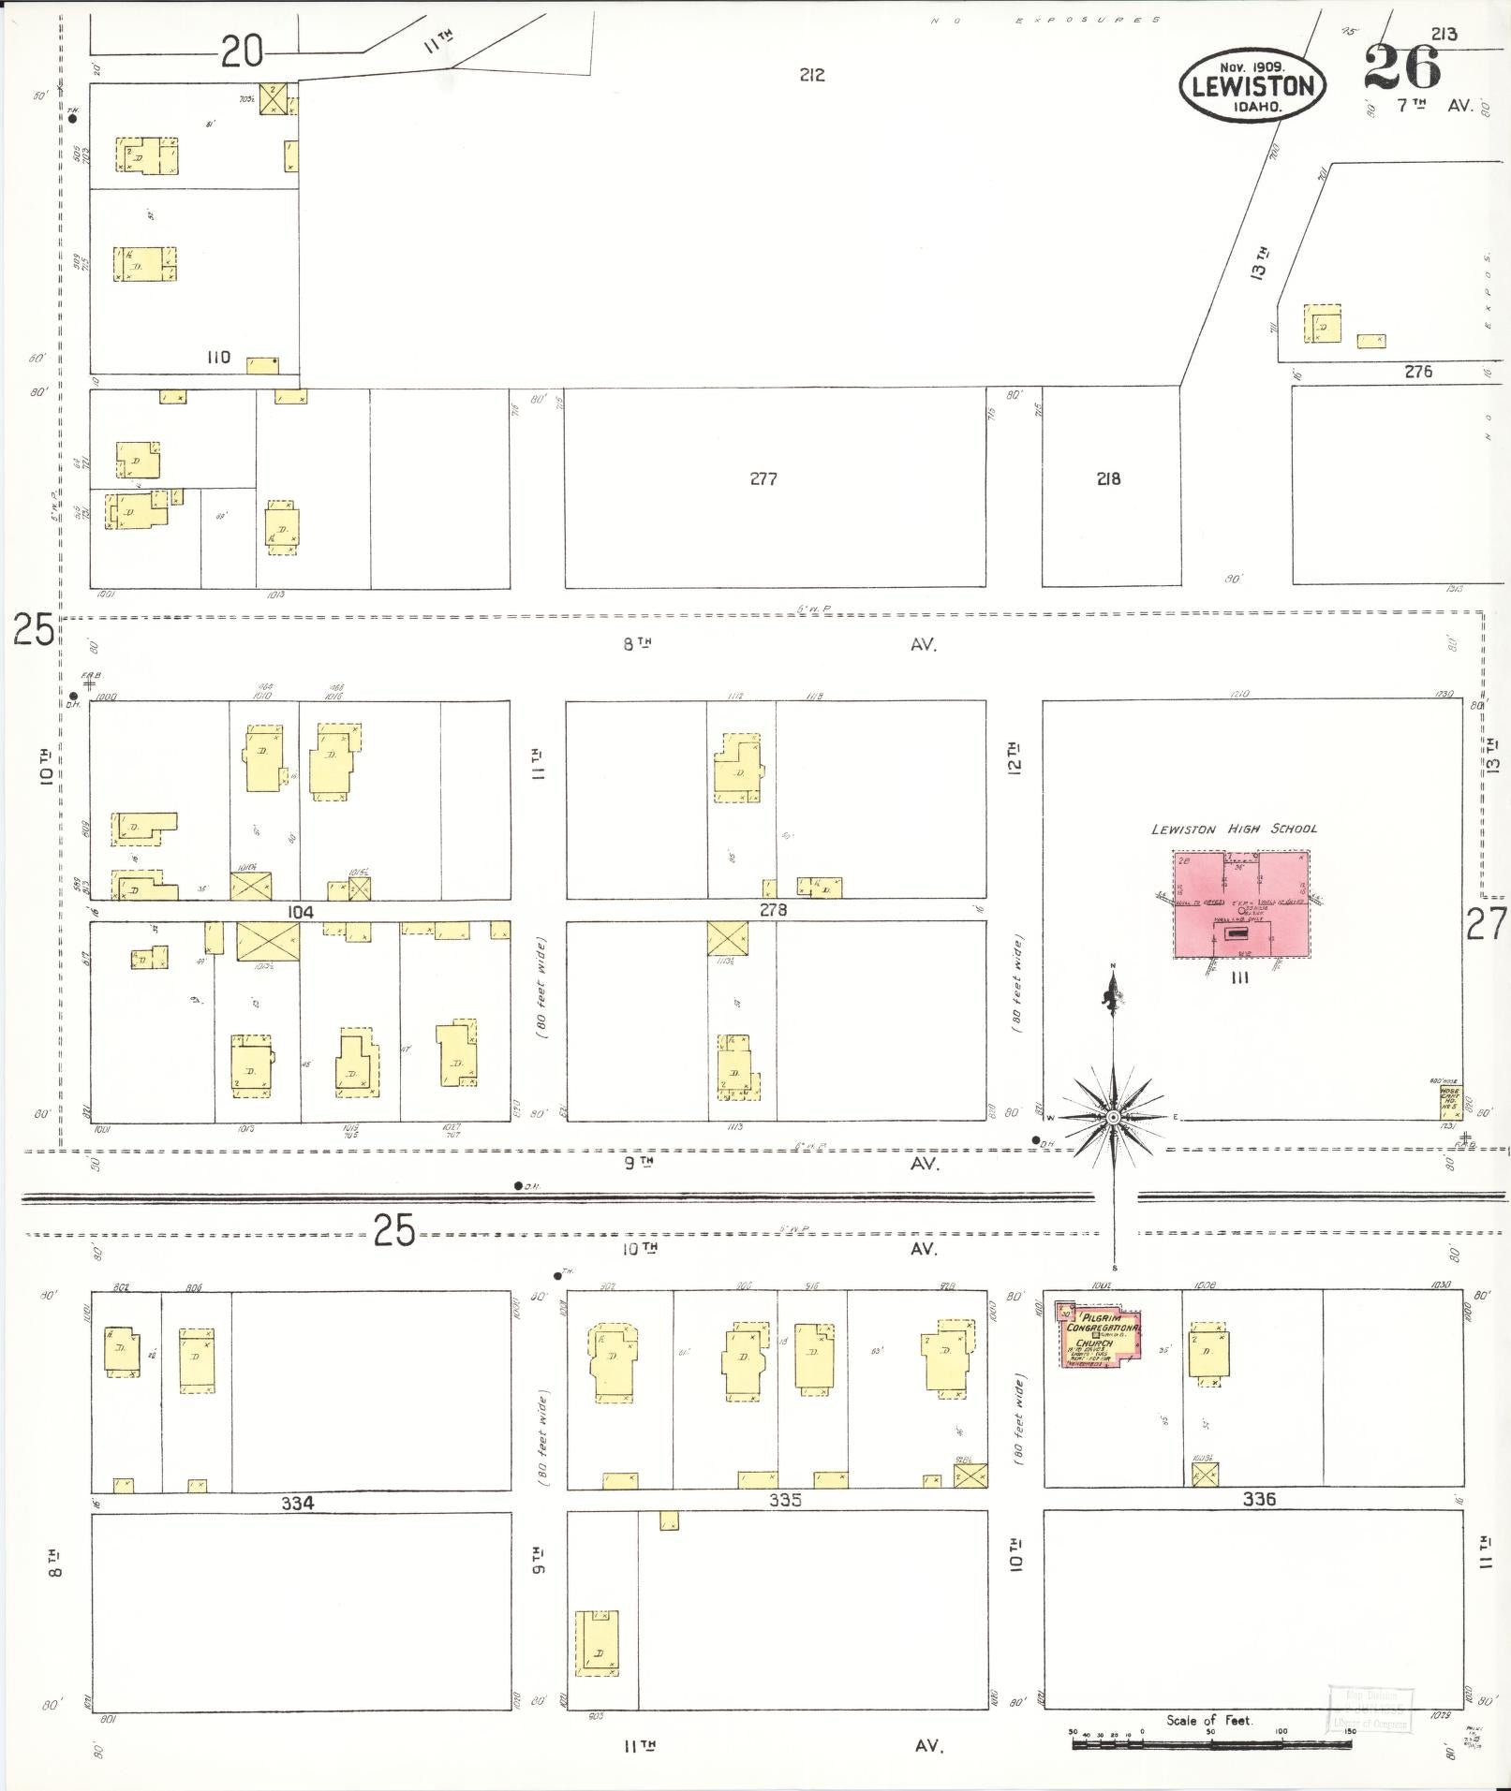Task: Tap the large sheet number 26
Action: (x=1402, y=66)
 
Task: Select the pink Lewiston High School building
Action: (x=1241, y=904)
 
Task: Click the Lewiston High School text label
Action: (x=1234, y=829)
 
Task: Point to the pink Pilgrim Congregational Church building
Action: (x=1101, y=1335)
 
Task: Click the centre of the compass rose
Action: (x=1113, y=1118)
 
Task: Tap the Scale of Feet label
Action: (x=1208, y=1720)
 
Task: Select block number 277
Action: (x=763, y=478)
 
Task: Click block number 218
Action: (x=1108, y=478)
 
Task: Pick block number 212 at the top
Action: (x=812, y=75)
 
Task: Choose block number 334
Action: (x=297, y=1503)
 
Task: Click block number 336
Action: (x=1259, y=1499)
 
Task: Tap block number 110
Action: (x=218, y=358)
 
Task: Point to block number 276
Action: (x=1418, y=372)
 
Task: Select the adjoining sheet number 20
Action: (x=242, y=51)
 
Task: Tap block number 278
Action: (x=773, y=909)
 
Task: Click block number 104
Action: (x=300, y=911)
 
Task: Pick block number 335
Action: (x=785, y=1500)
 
